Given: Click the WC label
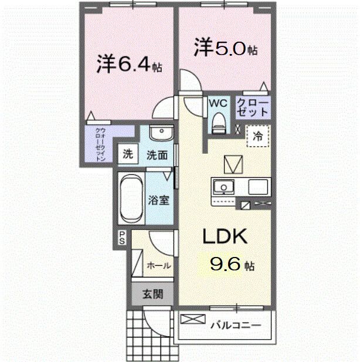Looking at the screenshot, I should tap(218, 103).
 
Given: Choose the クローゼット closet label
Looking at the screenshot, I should tap(253, 107).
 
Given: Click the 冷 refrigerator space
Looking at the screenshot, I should tap(258, 137).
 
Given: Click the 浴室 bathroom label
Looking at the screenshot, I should tap(158, 199).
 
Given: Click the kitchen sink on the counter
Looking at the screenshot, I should tap(223, 188).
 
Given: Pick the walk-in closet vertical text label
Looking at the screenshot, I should tap(100, 144).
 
